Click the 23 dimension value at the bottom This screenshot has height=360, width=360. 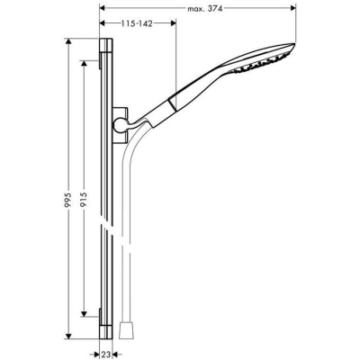tap(104, 355)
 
